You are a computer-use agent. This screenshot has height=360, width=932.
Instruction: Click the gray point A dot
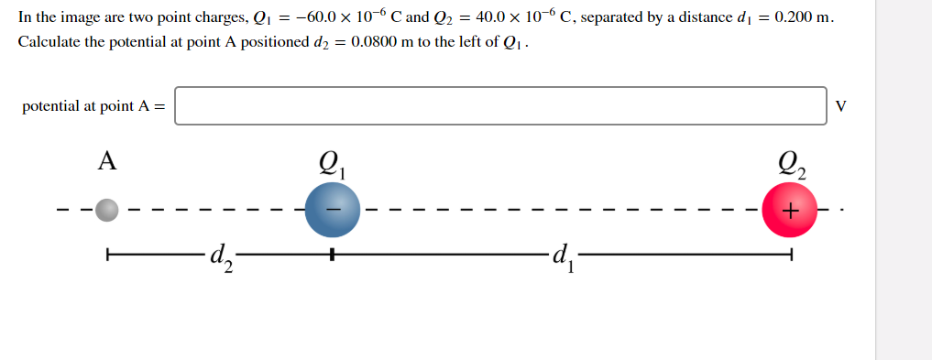pyautogui.click(x=107, y=211)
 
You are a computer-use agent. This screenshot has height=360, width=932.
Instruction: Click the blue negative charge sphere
pyautogui.click(x=332, y=211)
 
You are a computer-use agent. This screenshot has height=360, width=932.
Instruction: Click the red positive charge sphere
pyautogui.click(x=790, y=211)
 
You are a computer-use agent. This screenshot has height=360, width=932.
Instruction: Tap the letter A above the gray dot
pyautogui.click(x=107, y=162)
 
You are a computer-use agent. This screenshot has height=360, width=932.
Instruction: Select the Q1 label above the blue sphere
pyautogui.click(x=332, y=165)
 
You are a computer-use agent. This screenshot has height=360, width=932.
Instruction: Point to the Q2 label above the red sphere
pyautogui.click(x=791, y=165)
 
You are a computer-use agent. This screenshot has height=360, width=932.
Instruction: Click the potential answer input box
pyautogui.click(x=500, y=105)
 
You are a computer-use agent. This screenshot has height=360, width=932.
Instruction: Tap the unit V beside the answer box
pyautogui.click(x=841, y=106)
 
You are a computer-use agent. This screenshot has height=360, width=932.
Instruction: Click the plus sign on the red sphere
pyautogui.click(x=791, y=211)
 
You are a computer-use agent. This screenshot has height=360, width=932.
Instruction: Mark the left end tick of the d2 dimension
pyautogui.click(x=107, y=255)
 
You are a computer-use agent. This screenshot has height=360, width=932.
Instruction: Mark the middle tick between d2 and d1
pyautogui.click(x=332, y=255)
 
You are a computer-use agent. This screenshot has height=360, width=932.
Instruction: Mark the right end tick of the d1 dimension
pyautogui.click(x=790, y=255)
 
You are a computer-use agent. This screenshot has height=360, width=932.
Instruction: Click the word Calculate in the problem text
pyautogui.click(x=50, y=42)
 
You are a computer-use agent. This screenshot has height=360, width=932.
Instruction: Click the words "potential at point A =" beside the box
pyautogui.click(x=94, y=106)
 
